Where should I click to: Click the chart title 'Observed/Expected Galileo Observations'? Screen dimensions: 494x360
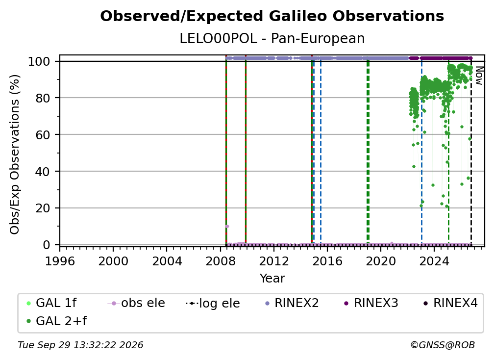[x=272, y=16]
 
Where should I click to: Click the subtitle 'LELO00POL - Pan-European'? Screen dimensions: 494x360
[x=272, y=39]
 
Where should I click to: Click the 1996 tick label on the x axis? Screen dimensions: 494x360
[x=60, y=261]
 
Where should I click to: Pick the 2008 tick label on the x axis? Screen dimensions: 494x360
[x=220, y=261]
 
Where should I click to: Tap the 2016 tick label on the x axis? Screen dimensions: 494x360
[x=327, y=261]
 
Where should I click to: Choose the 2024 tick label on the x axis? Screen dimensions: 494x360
[x=434, y=261]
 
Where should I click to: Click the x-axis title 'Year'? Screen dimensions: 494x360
[x=272, y=279]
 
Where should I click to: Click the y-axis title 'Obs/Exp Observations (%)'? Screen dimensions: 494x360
[x=15, y=154]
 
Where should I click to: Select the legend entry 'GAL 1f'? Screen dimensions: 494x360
[x=51, y=303]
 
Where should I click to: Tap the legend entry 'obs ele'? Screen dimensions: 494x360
[x=136, y=303]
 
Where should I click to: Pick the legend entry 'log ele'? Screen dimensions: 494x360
[x=213, y=303]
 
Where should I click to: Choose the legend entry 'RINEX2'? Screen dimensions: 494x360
[x=292, y=303]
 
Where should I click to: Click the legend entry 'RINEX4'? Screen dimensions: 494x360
[x=450, y=303]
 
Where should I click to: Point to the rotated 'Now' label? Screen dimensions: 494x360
[x=479, y=76]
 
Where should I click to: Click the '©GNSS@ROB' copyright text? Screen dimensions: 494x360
[x=443, y=345]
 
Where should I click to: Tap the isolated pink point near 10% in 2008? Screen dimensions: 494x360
[x=227, y=226]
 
